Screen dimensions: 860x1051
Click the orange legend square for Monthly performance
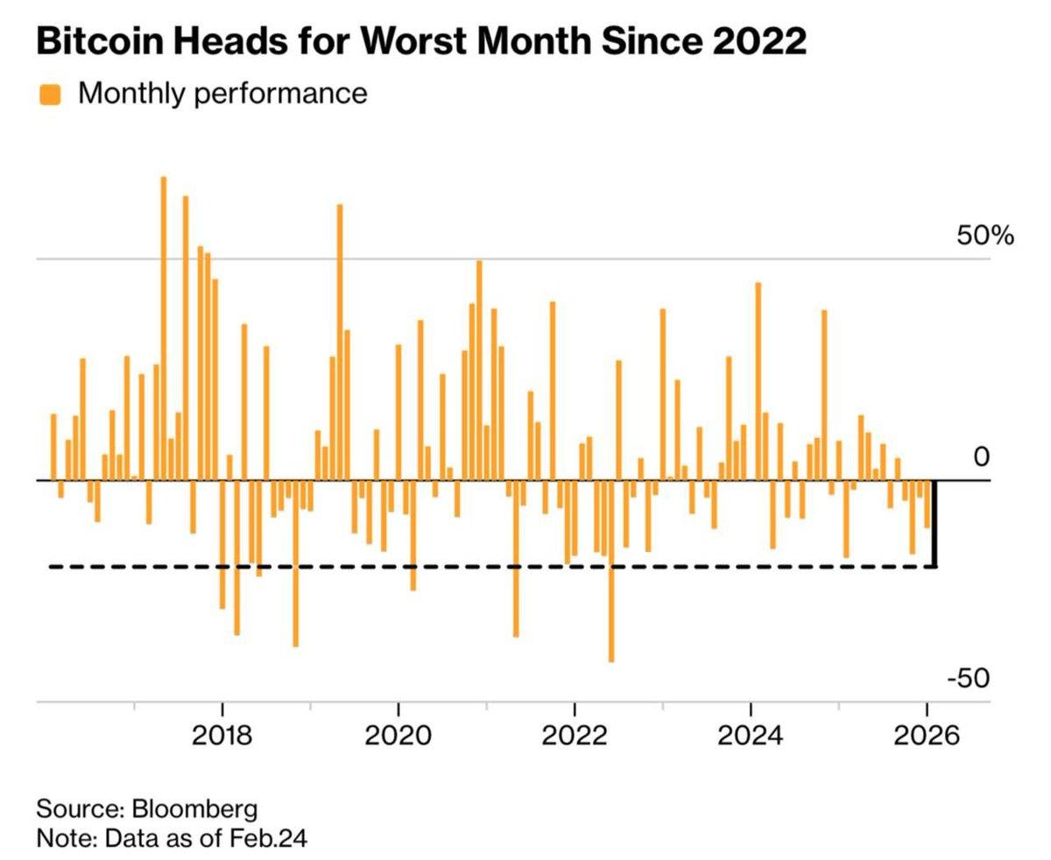[x=50, y=94]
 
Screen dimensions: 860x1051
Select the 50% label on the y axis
[x=984, y=236]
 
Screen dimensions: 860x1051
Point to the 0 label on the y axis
[x=981, y=457]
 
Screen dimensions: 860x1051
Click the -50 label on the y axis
[x=969, y=679]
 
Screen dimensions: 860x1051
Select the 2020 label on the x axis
[x=398, y=735]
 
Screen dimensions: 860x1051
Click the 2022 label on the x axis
[x=574, y=735]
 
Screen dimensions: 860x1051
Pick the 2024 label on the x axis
[x=750, y=735]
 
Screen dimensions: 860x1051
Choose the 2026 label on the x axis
[x=926, y=735]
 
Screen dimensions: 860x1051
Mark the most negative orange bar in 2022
[x=610, y=569]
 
